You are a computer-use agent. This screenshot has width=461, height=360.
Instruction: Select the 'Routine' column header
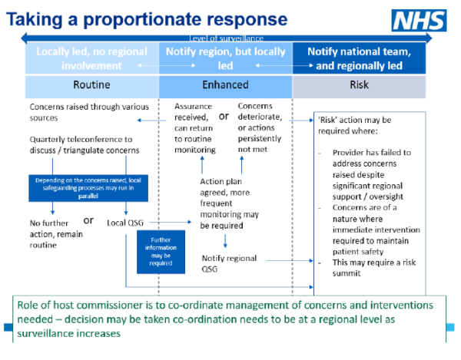point(92,86)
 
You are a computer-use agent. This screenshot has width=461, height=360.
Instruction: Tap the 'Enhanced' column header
point(225,86)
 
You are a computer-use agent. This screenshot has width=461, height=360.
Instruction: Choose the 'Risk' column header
point(358,86)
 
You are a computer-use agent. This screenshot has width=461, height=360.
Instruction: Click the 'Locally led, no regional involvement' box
point(92,58)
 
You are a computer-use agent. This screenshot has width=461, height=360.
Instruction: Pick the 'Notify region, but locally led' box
point(225,58)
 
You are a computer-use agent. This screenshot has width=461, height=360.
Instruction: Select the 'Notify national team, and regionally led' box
point(358,58)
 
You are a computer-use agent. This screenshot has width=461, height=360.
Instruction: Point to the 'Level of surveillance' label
point(226,38)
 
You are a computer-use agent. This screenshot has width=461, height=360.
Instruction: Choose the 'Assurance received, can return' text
point(194,128)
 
